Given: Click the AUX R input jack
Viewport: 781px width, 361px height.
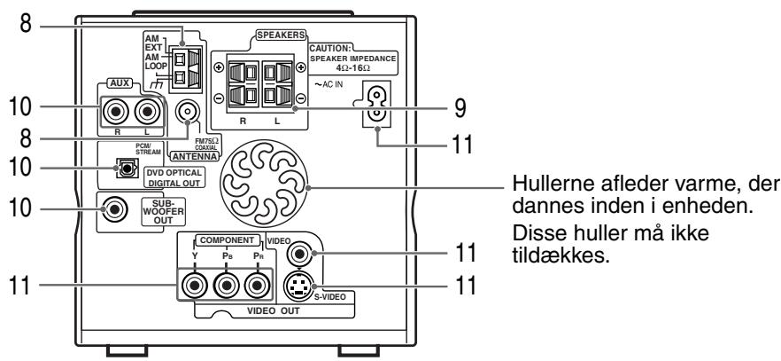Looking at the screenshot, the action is [115, 112].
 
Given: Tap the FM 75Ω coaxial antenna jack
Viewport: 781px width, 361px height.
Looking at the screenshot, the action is [188, 113].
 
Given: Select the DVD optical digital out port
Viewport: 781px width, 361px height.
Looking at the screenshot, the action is [124, 168].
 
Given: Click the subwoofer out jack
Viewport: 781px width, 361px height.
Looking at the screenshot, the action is [114, 209].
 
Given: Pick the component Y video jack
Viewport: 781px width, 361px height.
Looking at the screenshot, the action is [195, 286].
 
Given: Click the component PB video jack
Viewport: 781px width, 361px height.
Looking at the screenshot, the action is [227, 286].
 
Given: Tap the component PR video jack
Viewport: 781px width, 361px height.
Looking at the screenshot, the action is [257, 286].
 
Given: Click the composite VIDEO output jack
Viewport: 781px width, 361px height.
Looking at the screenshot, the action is [300, 255].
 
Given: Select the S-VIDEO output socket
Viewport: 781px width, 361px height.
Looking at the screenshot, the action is [298, 286].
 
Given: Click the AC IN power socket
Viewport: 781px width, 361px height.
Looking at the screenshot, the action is [377, 105].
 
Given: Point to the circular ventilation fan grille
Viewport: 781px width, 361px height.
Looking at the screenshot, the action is [264, 183].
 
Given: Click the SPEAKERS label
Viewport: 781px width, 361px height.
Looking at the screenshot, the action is [281, 35].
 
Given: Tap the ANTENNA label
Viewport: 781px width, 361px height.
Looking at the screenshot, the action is [194, 157].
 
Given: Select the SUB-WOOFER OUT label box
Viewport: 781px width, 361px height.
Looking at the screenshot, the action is [163, 211].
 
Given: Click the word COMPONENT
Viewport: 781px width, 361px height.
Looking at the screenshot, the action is [227, 240].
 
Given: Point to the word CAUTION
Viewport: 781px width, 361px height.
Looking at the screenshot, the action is [331, 49].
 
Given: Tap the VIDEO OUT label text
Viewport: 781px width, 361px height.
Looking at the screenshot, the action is [274, 310].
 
